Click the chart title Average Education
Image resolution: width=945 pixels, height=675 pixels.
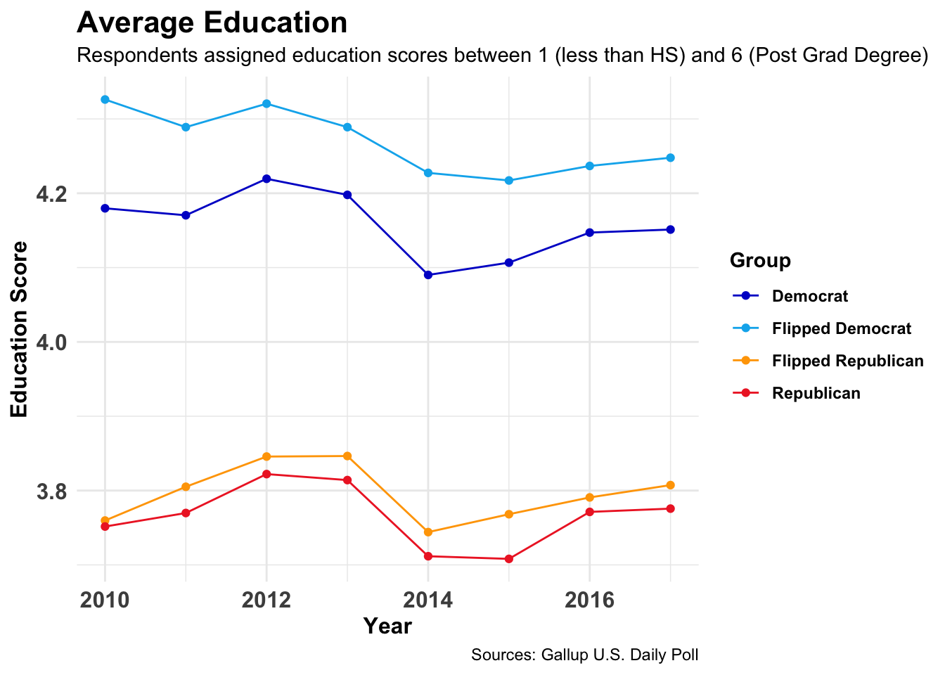[x=212, y=23]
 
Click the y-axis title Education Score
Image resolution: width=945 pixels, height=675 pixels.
[x=20, y=329]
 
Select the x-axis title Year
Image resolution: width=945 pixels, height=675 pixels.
[x=387, y=626]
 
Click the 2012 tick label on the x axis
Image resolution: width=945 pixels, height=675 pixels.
[x=266, y=600]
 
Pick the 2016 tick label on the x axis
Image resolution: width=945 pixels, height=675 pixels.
[x=589, y=600]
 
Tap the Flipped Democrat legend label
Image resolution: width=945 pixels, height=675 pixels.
[x=841, y=328]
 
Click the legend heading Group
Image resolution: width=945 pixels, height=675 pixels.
[x=760, y=261]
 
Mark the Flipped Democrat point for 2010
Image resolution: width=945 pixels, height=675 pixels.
[x=105, y=100]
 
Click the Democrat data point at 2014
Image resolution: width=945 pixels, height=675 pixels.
[x=427, y=275]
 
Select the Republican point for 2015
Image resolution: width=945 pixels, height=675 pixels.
[x=508, y=559]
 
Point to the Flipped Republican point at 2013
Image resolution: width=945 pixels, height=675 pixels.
[x=347, y=456]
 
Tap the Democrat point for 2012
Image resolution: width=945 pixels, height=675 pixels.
[x=266, y=179]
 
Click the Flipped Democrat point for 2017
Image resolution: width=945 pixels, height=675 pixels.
[x=670, y=157]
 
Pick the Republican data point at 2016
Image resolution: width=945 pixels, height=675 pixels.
[x=589, y=512]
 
